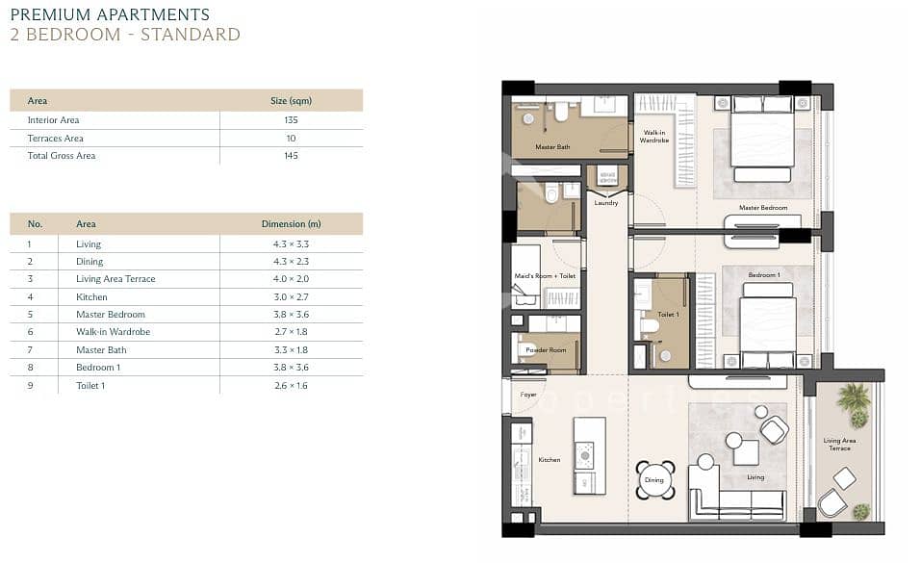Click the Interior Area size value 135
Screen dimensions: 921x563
(291, 120)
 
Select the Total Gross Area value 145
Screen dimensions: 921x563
(291, 156)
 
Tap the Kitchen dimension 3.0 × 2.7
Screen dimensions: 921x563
(291, 296)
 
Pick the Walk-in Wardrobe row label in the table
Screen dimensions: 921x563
(113, 332)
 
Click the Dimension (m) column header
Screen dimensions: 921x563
(292, 224)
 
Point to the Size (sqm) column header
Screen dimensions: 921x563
(291, 101)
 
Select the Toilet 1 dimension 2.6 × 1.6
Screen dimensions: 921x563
(291, 386)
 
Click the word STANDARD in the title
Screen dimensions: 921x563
(191, 34)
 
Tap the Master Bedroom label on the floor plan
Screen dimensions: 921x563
(763, 208)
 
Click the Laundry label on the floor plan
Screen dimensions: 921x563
(606, 203)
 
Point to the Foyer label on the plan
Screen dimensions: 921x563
(528, 395)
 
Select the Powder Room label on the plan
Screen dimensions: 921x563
(546, 349)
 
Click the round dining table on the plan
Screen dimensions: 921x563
(653, 480)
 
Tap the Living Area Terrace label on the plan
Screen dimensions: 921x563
(839, 445)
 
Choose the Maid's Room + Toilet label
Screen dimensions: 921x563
(545, 275)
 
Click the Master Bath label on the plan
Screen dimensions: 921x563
(552, 147)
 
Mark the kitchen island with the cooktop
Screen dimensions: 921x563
(589, 456)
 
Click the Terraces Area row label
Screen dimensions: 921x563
(55, 139)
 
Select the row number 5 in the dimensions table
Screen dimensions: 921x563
(30, 315)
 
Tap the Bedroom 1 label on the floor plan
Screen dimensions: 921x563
(763, 275)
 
